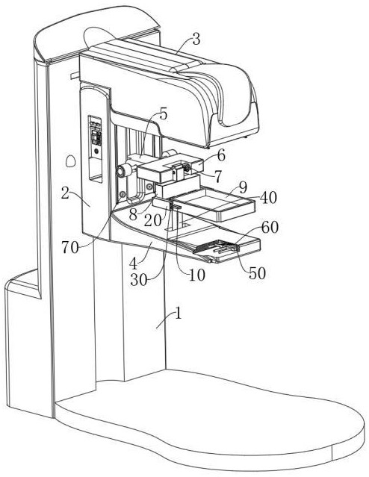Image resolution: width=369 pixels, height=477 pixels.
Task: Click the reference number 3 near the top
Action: pyautogui.click(x=196, y=40)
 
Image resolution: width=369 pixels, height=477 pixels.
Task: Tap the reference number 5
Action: pyautogui.click(x=163, y=114)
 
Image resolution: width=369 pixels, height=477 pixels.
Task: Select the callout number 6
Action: pyautogui.click(x=221, y=155)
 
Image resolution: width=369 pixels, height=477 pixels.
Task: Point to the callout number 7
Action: pyautogui.click(x=217, y=177)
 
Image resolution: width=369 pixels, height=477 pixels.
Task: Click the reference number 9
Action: pyautogui.click(x=243, y=188)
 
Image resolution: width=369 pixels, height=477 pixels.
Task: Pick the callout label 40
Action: pyautogui.click(x=268, y=197)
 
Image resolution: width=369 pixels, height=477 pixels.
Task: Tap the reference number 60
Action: pyautogui.click(x=270, y=227)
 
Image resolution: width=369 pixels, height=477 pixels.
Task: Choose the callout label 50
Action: pyautogui.click(x=257, y=273)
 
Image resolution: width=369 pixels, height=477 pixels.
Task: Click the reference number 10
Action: pyautogui.click(x=196, y=275)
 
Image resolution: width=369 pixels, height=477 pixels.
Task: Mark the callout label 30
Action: pyautogui.click(x=139, y=280)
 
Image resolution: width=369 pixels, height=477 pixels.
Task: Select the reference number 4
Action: pyautogui.click(x=133, y=264)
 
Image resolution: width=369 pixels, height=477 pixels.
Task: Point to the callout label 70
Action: pyautogui.click(x=70, y=247)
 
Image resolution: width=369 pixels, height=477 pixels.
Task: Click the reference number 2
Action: pyautogui.click(x=66, y=193)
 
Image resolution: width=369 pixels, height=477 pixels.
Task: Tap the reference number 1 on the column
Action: pyautogui.click(x=179, y=313)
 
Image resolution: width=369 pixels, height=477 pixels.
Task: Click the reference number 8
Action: pyautogui.click(x=133, y=214)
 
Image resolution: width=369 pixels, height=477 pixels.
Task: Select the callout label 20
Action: pyautogui.click(x=152, y=220)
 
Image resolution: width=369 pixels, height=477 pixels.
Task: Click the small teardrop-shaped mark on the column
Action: pyautogui.click(x=71, y=160)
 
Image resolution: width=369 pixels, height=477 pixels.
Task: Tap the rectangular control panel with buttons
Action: pyautogui.click(x=95, y=149)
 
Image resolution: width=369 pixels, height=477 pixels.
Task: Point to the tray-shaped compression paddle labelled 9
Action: pyautogui.click(x=214, y=204)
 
